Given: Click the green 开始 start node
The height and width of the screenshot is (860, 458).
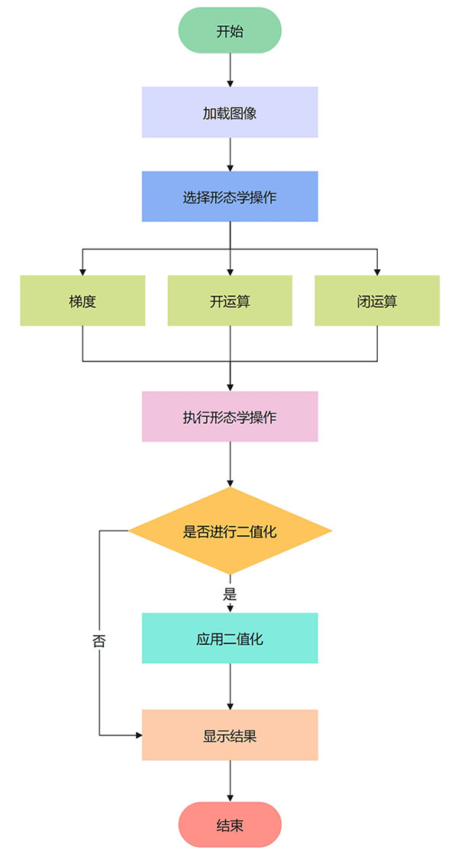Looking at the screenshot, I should click(230, 30).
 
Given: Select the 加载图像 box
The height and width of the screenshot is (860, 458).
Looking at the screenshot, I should click(230, 113).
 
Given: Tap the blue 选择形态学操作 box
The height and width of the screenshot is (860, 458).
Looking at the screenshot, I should click(230, 197).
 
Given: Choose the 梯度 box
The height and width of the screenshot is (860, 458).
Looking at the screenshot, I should click(82, 300).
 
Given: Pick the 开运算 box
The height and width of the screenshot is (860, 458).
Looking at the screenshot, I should click(230, 300).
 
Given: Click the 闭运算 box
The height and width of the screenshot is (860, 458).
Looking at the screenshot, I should click(377, 300).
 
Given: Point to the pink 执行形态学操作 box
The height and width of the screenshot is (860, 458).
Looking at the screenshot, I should click(230, 416).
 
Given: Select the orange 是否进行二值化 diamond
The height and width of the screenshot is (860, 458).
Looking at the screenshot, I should click(230, 531).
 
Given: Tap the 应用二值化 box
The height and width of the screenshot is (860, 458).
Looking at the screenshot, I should click(230, 638).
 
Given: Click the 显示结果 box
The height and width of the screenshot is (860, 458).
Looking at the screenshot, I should click(230, 735).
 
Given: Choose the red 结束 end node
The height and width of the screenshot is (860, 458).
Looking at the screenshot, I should click(230, 825).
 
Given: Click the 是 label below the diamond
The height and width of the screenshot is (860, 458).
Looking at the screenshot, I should click(230, 595).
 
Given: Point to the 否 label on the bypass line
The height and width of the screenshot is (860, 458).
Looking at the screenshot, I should click(99, 640).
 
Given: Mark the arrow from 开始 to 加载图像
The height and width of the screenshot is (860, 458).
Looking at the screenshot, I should click(230, 70).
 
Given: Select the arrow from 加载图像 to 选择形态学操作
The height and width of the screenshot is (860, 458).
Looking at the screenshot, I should click(230, 154).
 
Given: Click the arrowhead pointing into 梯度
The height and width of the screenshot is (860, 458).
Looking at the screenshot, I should click(82, 271).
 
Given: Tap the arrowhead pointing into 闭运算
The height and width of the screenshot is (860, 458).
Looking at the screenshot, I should click(377, 271).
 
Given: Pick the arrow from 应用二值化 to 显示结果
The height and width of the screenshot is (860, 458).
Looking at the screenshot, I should click(230, 686).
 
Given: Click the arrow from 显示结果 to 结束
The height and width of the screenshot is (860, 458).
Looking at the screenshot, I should click(230, 781).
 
